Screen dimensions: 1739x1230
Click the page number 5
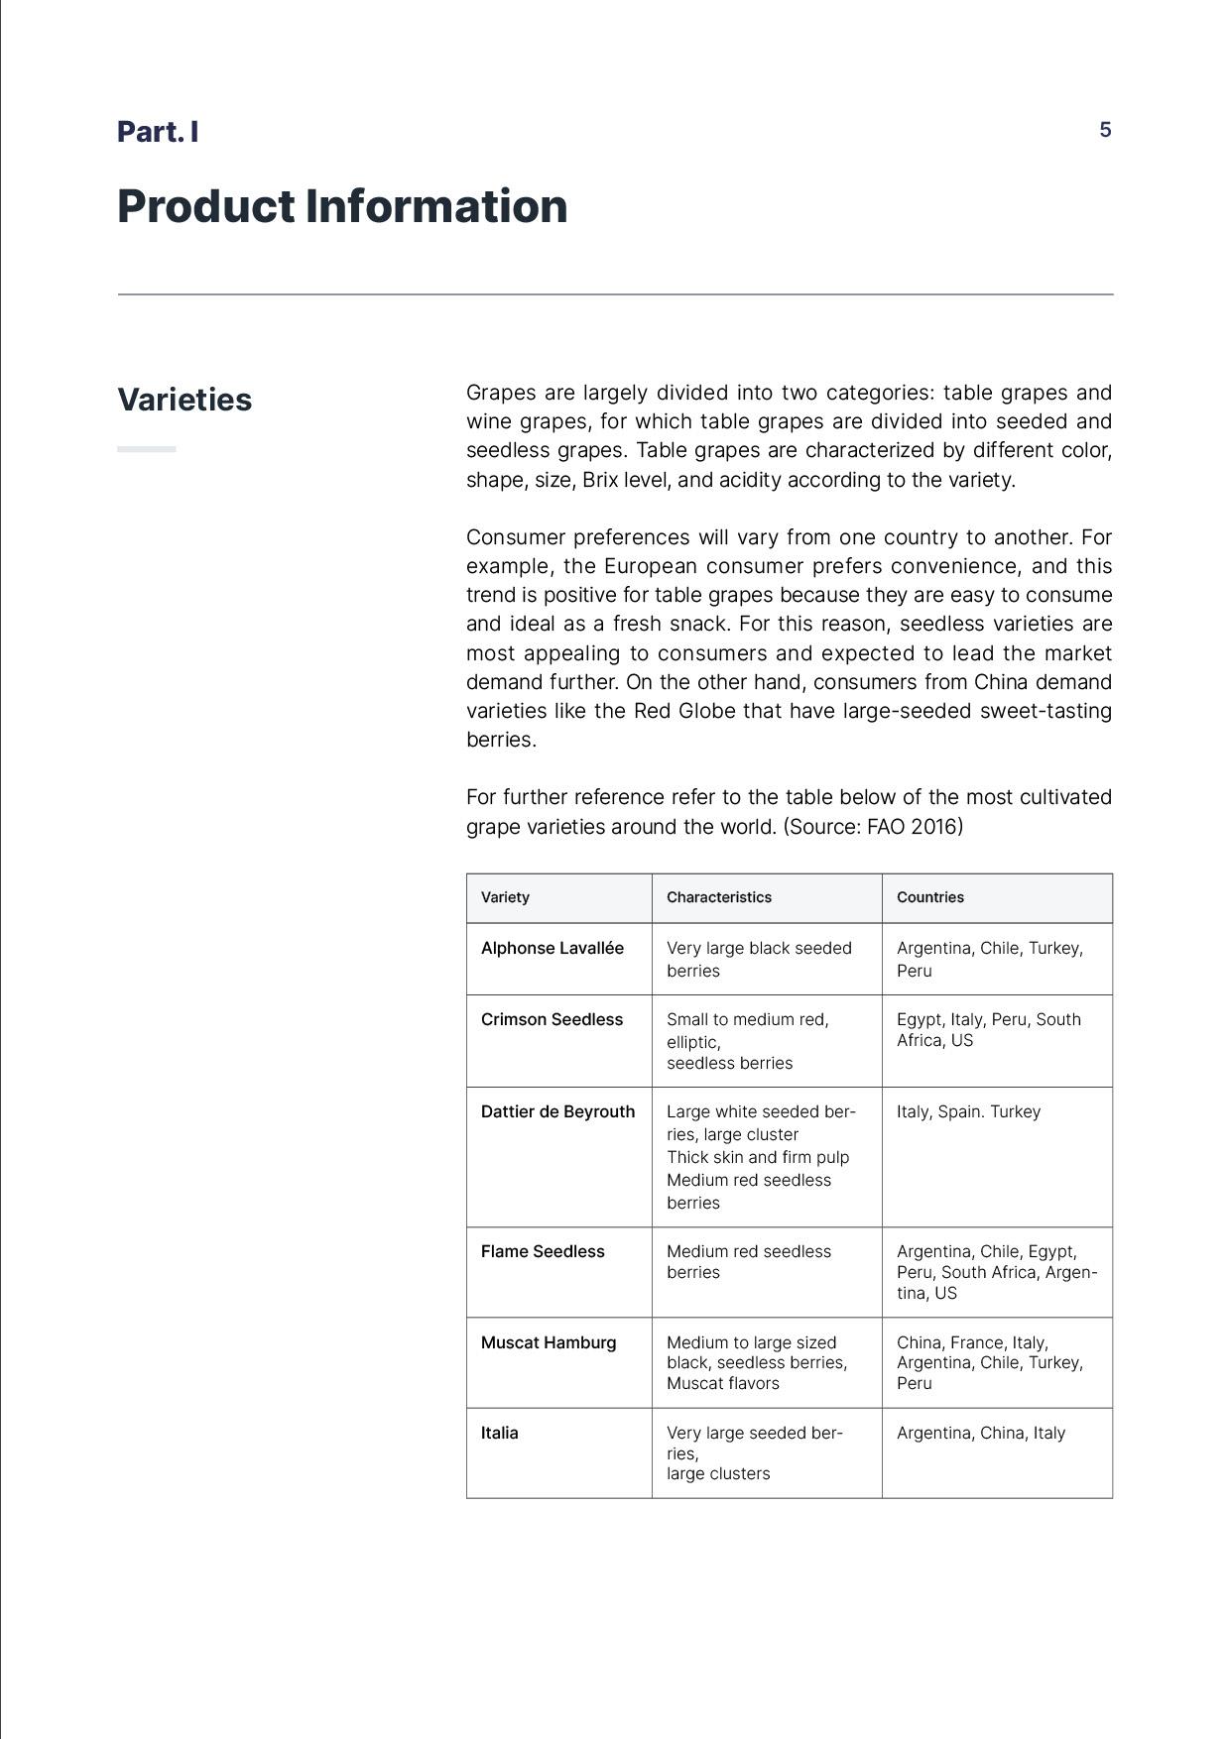(x=1105, y=130)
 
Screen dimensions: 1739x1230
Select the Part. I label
(x=158, y=132)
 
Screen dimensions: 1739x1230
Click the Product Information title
(x=342, y=206)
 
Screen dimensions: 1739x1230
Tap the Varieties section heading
(x=184, y=400)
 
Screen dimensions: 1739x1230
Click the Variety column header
(x=505, y=897)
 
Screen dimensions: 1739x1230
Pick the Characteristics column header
(x=718, y=897)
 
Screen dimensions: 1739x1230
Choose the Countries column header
(x=929, y=897)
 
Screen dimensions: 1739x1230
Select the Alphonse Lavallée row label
(x=552, y=948)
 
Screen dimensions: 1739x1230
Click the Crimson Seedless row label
(x=552, y=1019)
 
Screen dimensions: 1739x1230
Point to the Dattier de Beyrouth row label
(x=557, y=1111)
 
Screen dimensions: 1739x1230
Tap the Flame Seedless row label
(x=543, y=1251)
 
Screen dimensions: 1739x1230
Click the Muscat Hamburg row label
(x=549, y=1342)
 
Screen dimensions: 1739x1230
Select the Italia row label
(x=499, y=1433)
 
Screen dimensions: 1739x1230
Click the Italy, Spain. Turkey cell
(x=968, y=1111)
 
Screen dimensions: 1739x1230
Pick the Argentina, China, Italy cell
(x=980, y=1433)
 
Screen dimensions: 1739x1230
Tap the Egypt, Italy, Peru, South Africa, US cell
(x=988, y=1029)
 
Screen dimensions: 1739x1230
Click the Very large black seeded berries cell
(x=759, y=959)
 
